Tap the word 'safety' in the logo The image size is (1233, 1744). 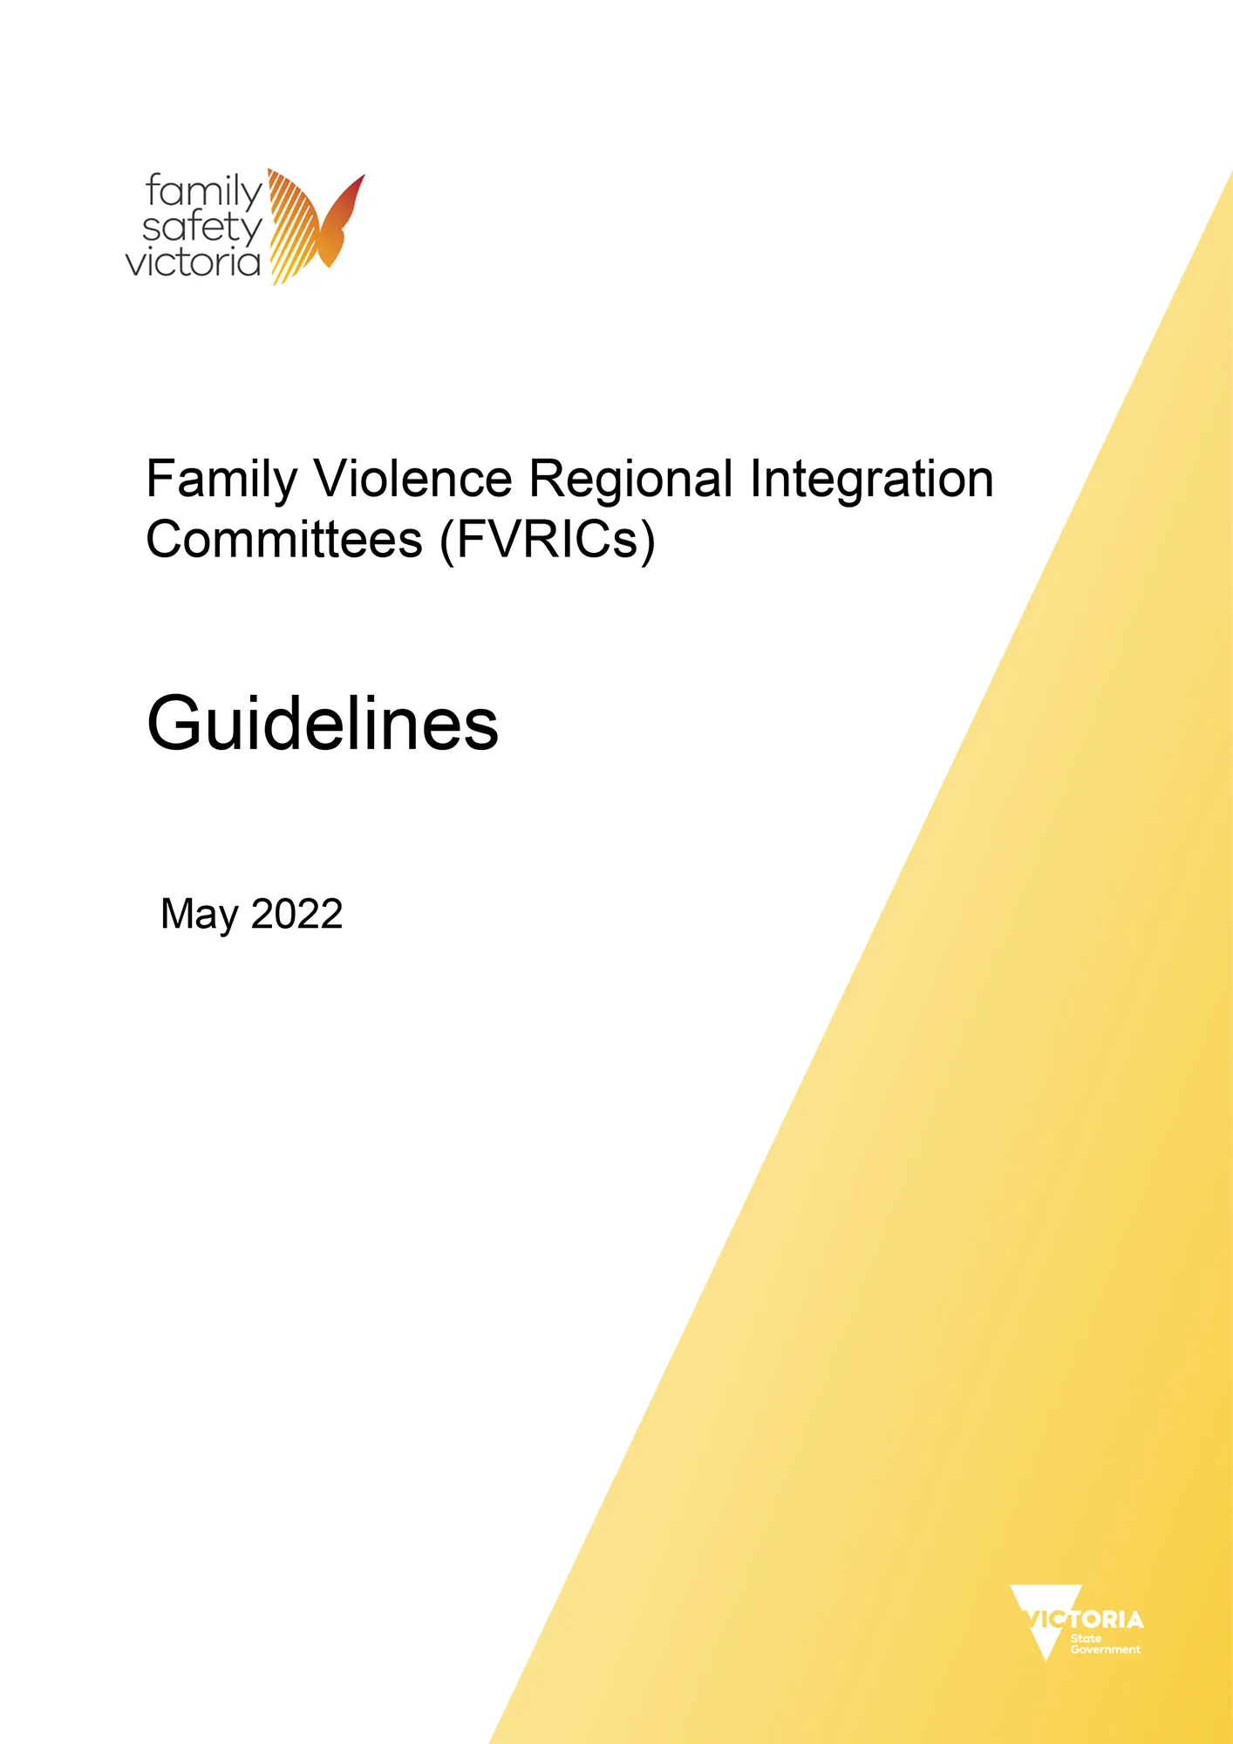pos(201,228)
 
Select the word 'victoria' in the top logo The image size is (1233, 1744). pos(193,262)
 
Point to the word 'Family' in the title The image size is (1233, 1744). pos(221,480)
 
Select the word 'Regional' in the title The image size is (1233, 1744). pos(631,480)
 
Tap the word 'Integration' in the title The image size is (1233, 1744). pos(871,480)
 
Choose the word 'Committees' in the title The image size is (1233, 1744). pos(284,540)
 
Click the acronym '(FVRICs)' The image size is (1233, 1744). pos(548,540)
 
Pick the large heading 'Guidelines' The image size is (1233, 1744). pos(323,725)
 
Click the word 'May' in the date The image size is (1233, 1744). pos(199,915)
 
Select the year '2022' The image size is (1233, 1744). pos(296,914)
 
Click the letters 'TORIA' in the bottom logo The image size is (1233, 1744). pos(1107,1620)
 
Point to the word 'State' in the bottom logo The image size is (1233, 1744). pos(1086,1638)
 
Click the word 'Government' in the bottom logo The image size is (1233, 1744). pos(1105,1650)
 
